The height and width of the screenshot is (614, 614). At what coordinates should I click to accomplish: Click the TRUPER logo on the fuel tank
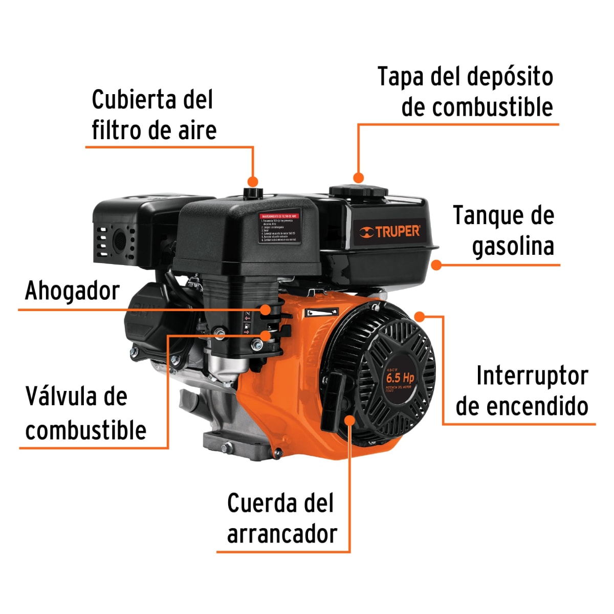(x=389, y=231)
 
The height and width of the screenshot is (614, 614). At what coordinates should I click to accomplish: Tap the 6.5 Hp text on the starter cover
(x=400, y=378)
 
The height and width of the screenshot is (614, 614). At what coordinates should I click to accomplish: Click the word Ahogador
(x=72, y=291)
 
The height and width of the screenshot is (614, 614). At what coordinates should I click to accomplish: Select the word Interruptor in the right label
(x=532, y=376)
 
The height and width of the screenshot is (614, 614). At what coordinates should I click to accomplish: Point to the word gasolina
(x=513, y=247)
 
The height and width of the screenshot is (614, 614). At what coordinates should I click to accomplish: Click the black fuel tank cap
(x=358, y=192)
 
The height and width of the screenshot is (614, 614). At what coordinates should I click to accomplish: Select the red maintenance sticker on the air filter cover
(x=279, y=228)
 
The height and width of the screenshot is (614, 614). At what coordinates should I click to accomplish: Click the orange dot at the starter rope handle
(x=350, y=420)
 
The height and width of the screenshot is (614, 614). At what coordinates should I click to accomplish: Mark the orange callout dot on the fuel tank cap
(x=359, y=178)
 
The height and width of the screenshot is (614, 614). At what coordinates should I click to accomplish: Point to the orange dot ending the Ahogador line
(x=266, y=310)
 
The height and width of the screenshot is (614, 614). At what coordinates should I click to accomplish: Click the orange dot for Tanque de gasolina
(x=436, y=265)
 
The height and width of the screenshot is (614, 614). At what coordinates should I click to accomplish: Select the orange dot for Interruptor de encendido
(x=420, y=316)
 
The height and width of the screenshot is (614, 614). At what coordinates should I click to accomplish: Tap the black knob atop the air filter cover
(x=252, y=192)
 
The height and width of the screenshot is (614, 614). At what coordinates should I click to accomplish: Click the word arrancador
(x=282, y=534)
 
